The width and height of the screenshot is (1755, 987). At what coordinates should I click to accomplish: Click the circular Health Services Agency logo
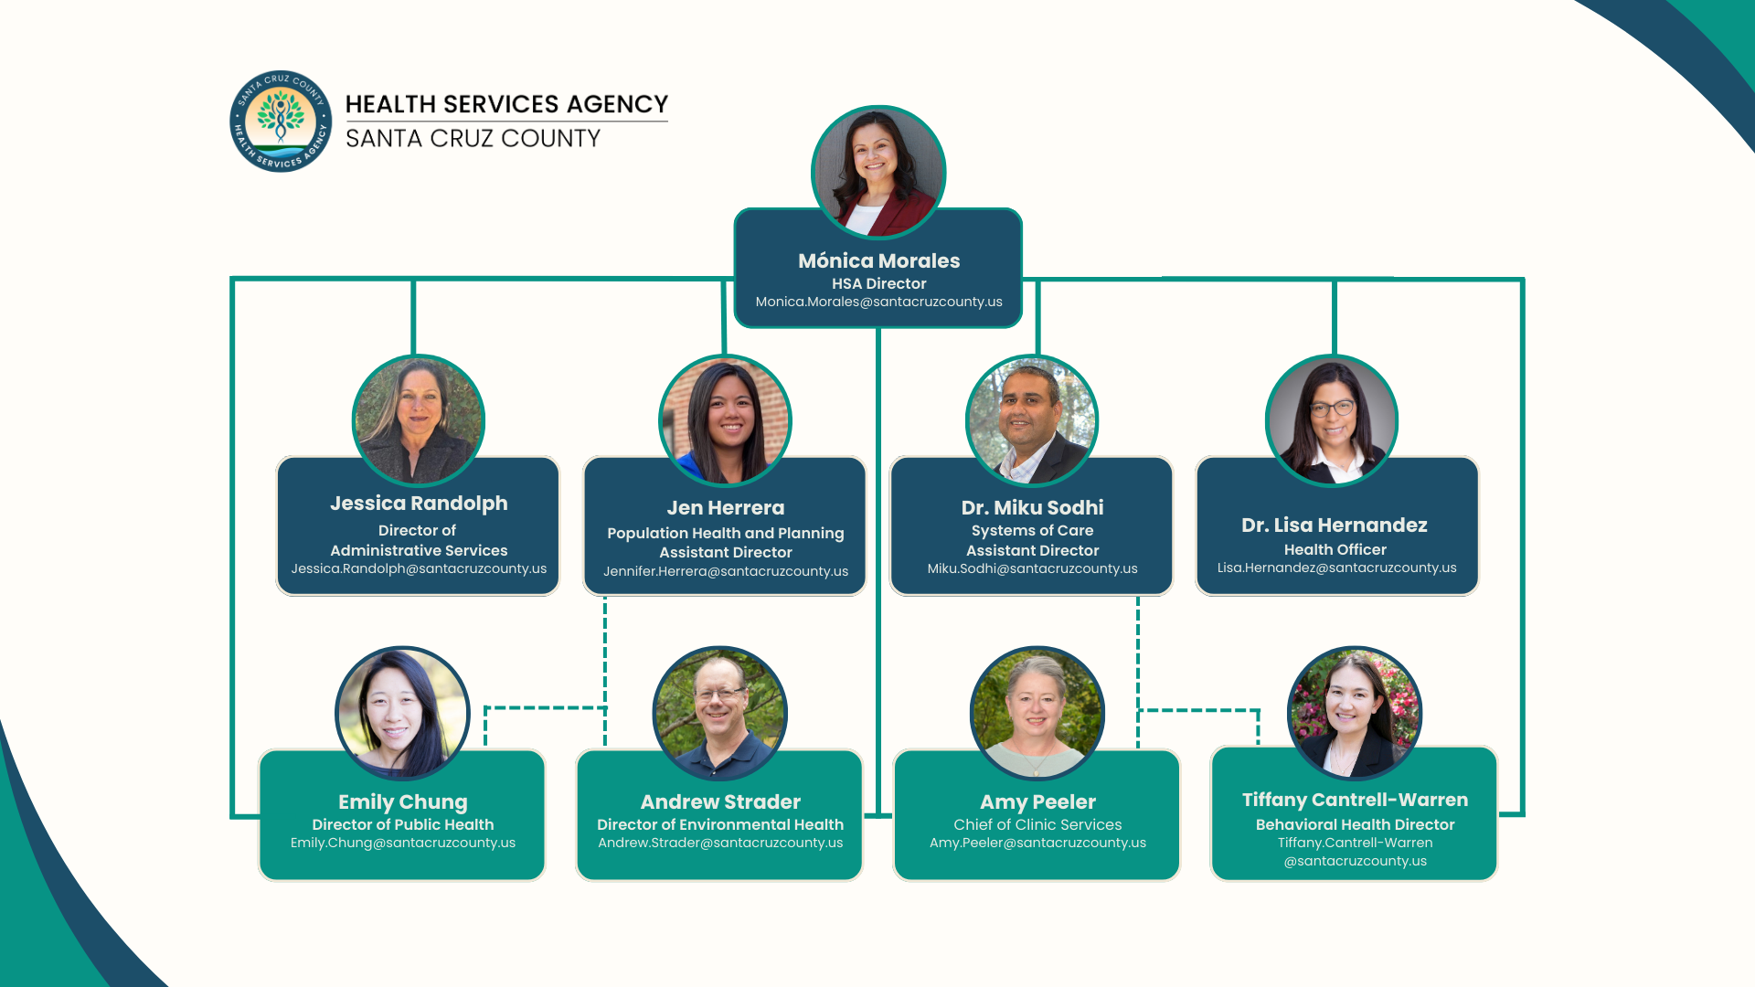coord(281,121)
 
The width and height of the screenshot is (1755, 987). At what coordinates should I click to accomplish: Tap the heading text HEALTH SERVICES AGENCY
coord(506,104)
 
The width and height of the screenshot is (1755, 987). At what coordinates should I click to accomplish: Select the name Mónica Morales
coord(878,260)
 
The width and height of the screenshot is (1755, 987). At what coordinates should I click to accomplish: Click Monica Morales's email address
coord(878,302)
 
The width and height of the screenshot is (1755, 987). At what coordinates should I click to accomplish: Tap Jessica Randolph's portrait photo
coord(419,420)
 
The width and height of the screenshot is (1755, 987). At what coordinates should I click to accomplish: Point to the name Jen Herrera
coord(725,507)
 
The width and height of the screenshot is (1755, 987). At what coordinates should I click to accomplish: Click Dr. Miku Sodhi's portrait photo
coord(1032,420)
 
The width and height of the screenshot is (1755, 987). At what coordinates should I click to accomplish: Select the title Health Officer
coord(1335,549)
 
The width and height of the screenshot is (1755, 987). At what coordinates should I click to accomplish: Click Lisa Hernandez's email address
coord(1336,568)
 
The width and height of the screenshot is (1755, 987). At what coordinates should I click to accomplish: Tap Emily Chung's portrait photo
coord(402,714)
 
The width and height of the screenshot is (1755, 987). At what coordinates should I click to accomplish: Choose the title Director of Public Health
coord(402,824)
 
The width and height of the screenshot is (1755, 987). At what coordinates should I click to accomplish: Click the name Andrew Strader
coord(720,801)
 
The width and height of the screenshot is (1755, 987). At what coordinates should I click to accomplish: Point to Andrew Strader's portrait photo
coord(720,714)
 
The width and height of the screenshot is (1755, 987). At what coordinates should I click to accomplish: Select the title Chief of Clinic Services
coord(1037,824)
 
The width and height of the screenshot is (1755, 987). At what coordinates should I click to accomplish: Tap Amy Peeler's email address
coord(1037,843)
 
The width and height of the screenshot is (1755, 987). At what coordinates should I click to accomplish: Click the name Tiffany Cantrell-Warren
coord(1355,800)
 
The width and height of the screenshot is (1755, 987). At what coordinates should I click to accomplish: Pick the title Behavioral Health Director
coord(1355,824)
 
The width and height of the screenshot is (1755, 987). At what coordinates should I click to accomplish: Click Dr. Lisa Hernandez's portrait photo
coord(1332,420)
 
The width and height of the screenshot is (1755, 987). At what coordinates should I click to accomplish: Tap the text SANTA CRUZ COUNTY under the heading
coord(473,138)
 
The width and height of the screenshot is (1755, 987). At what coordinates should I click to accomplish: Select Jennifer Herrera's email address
coord(725,571)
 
